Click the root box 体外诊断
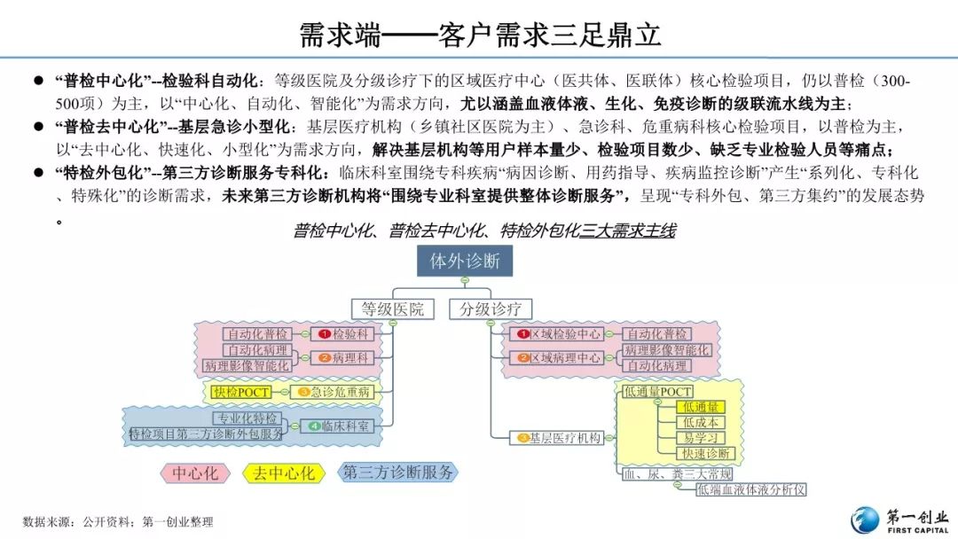(x=465, y=262)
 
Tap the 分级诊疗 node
(x=491, y=309)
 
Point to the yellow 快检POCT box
(x=240, y=392)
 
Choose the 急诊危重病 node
(x=336, y=392)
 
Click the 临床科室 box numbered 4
(x=341, y=426)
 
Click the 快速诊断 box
(x=700, y=454)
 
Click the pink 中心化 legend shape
(x=194, y=473)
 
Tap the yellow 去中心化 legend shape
(x=283, y=473)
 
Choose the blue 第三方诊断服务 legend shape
(x=397, y=473)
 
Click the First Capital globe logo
(x=867, y=520)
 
